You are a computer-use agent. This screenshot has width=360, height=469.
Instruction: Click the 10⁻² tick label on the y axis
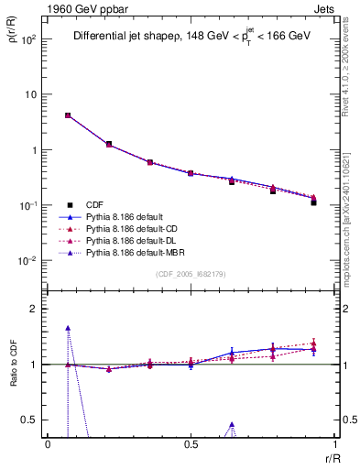tap(29, 261)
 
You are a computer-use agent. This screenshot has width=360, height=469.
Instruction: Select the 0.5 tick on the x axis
tap(191, 443)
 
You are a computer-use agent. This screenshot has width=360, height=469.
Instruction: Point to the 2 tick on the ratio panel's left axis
tap(34, 310)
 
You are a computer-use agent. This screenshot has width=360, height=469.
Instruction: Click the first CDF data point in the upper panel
tap(68, 115)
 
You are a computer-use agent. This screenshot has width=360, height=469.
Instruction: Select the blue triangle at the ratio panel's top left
tap(68, 327)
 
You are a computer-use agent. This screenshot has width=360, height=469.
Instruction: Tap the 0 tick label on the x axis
tap(48, 443)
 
